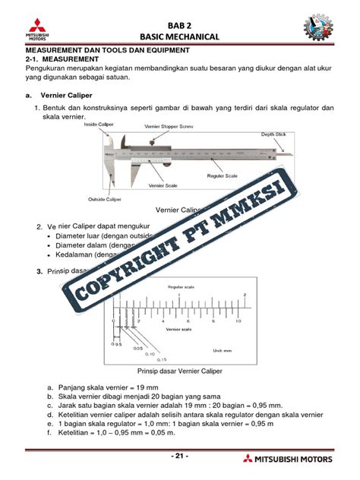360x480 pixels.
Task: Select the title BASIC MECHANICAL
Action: (x=179, y=36)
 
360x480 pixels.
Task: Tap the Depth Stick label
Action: (x=273, y=134)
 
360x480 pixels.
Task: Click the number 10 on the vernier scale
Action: (x=238, y=321)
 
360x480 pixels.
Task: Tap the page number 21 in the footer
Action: (x=179, y=456)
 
